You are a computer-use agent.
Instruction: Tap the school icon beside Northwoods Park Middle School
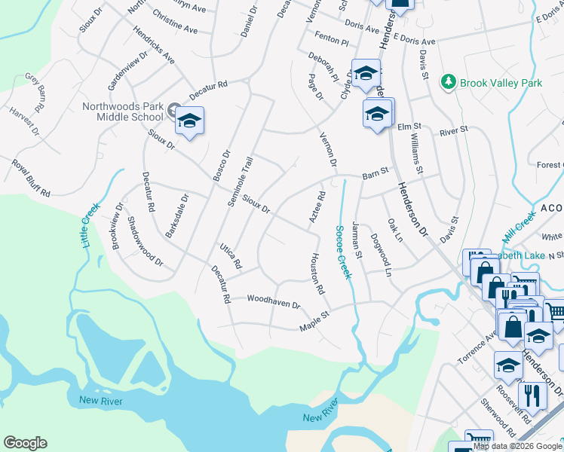coord(190,121)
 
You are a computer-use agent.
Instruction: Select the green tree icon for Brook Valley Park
coord(449,81)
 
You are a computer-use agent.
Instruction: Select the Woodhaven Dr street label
coord(273,301)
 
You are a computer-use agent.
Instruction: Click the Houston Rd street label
coord(316,273)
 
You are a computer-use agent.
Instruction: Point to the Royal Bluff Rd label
coord(29,179)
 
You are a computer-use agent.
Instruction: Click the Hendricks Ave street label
coord(154,47)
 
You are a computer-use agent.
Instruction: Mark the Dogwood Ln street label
coord(381,255)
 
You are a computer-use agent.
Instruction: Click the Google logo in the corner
coord(26,443)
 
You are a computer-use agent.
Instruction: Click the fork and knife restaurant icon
coord(534,395)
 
